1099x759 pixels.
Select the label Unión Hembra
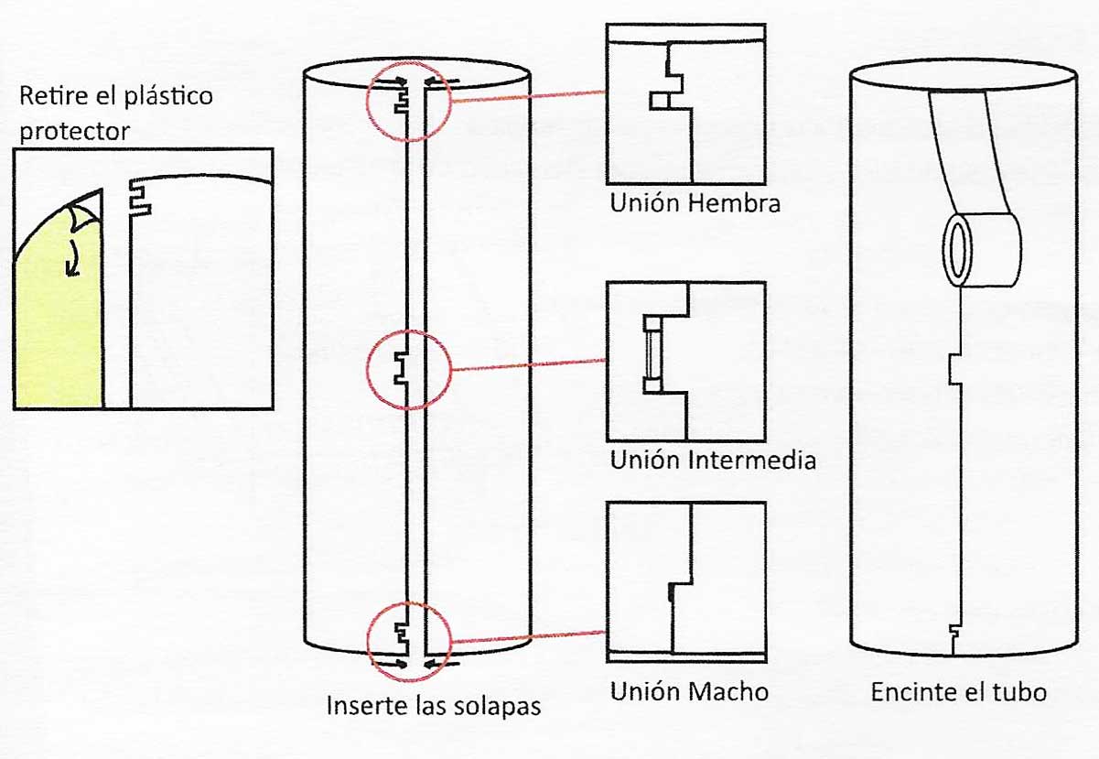click(x=695, y=202)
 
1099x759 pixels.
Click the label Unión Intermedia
click(x=713, y=459)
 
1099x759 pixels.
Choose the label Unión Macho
click(x=689, y=691)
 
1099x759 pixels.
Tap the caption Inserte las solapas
click(x=434, y=707)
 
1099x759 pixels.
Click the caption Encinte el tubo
click(x=958, y=691)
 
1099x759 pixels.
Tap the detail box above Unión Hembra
click(x=685, y=103)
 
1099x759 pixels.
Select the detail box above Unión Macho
click(x=685, y=580)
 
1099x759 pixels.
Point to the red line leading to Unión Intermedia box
click(x=527, y=365)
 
